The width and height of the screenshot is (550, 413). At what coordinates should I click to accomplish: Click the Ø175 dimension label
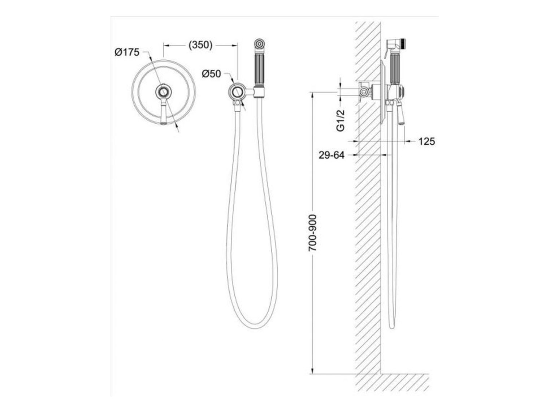pos(127,52)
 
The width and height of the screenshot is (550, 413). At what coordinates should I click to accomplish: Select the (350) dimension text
pos(200,45)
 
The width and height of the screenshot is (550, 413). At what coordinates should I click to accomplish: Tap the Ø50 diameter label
pos(211,74)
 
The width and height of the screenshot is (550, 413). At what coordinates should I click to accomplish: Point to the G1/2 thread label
pos(340,120)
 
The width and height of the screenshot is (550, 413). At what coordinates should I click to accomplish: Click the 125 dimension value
pos(427,141)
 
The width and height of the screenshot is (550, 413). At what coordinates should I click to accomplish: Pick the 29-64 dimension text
pos(331,155)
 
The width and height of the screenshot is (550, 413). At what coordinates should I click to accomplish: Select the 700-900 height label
pos(312,233)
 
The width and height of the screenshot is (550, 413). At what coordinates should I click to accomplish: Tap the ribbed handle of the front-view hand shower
pos(259,69)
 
